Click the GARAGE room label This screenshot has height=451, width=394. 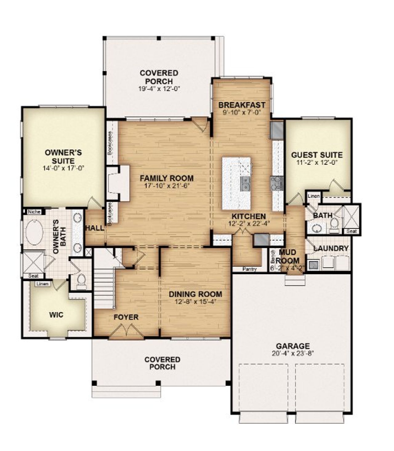292,346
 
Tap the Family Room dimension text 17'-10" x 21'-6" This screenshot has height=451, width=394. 167,186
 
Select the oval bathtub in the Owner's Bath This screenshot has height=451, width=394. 34,232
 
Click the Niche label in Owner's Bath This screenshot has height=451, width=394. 34,212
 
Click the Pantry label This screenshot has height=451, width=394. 249,269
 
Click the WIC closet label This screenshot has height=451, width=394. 56,315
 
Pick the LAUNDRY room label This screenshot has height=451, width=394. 331,248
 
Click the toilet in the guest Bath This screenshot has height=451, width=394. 334,225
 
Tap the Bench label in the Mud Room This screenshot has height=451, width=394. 272,257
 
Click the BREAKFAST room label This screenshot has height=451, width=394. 242,105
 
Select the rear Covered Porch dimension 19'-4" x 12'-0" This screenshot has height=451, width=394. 159,89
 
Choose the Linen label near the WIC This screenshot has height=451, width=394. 42,284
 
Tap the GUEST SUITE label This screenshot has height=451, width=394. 317,155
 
